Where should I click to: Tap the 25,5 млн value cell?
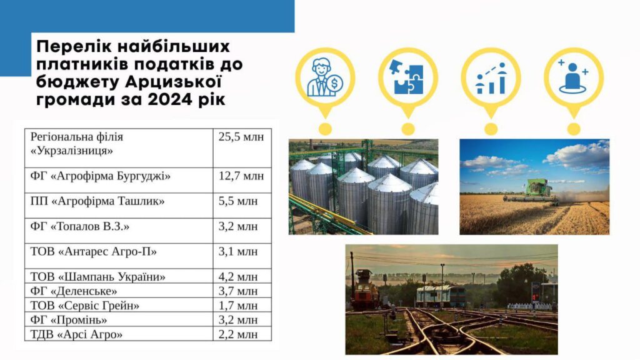tap(241, 137)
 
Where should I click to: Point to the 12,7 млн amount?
tap(241, 176)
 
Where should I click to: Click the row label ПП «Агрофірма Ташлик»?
tap(97, 201)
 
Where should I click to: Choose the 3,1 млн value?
tap(238, 251)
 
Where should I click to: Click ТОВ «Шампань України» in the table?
tap(97, 276)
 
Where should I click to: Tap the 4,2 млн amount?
tap(238, 276)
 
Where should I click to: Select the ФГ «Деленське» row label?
tap(74, 291)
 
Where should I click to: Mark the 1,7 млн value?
tap(238, 305)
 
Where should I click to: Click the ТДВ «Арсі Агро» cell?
tap(76, 334)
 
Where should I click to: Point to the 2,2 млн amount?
tap(238, 334)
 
